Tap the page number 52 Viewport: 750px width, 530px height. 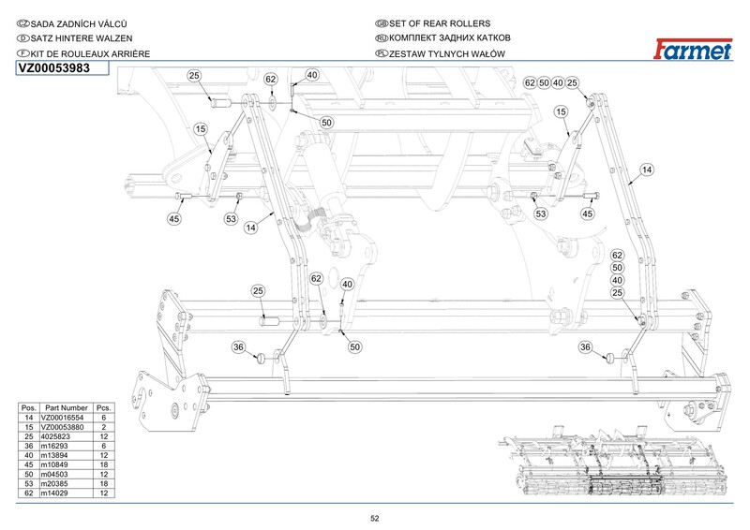click(374, 518)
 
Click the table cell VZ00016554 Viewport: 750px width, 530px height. click(64, 418)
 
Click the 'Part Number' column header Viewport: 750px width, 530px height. click(64, 408)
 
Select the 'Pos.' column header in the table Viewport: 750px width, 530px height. click(29, 408)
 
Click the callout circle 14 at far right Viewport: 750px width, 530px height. click(646, 169)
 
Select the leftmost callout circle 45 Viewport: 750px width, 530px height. click(173, 219)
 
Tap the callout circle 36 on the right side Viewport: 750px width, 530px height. click(587, 347)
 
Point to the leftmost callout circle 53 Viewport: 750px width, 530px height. click(231, 219)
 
